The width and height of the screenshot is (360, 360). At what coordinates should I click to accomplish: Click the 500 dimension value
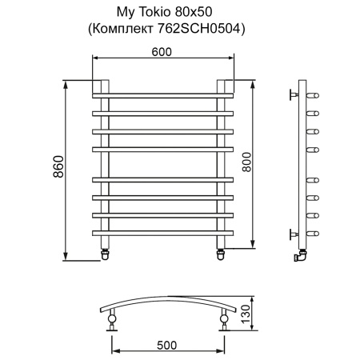coord(167,346)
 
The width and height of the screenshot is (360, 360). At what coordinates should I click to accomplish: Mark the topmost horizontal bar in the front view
coord(163,94)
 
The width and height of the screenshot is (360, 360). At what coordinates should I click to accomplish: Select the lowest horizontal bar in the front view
coord(163,233)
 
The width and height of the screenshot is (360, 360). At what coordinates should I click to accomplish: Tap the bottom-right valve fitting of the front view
coord(222,254)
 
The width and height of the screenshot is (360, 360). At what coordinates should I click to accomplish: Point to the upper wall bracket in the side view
coord(294,94)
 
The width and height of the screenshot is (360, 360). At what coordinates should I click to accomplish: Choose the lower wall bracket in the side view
coord(294,233)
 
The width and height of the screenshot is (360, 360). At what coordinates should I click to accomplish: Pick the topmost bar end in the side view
coord(314,94)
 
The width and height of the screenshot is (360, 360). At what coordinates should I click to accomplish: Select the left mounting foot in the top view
coord(111,322)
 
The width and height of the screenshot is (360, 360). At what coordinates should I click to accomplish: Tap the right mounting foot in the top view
coord(224,322)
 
